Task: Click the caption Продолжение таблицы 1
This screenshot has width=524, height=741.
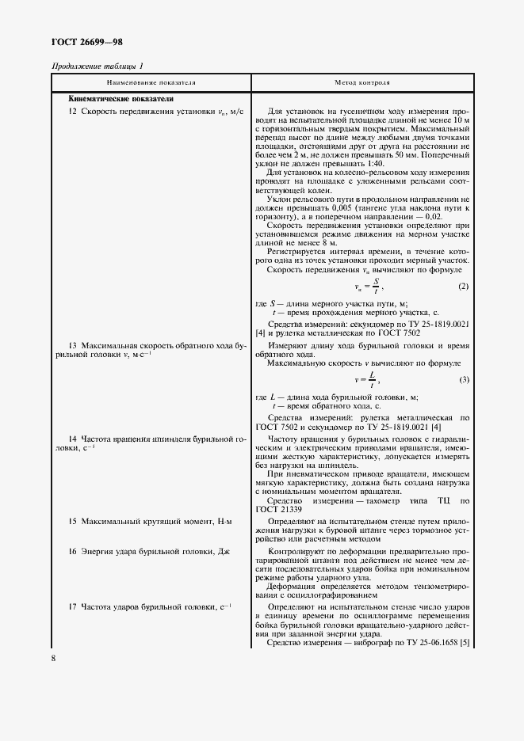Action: point(98,66)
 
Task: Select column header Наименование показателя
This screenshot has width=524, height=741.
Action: point(151,82)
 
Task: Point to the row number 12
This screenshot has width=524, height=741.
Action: point(72,112)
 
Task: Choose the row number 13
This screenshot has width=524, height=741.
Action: point(72,347)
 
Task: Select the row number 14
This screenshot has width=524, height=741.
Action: point(72,439)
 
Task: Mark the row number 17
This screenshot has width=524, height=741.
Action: point(72,606)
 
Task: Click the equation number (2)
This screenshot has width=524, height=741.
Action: point(464,286)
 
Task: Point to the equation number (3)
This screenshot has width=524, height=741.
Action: point(464,381)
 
